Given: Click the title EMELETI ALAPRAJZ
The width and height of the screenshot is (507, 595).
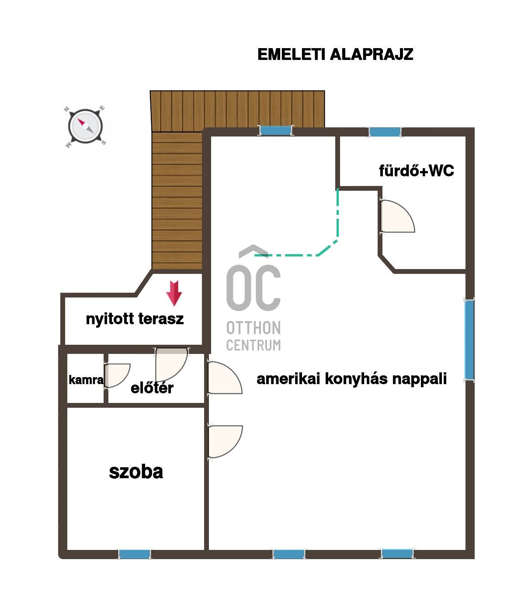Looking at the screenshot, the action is [335, 54].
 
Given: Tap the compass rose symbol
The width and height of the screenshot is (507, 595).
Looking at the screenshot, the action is [85, 126].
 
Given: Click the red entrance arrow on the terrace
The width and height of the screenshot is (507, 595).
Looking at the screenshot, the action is [174, 293].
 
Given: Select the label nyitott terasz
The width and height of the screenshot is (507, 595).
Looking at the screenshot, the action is [135, 319].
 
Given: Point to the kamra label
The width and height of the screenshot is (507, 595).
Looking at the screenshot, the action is [86, 380].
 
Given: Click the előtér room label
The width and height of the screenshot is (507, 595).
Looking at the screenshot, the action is [152, 388].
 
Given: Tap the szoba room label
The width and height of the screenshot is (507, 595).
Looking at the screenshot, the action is [136, 472].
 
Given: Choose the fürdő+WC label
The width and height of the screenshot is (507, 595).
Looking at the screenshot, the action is [417, 171].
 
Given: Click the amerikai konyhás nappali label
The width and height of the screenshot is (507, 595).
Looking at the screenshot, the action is [351, 378].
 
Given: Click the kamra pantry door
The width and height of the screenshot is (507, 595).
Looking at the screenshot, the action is [117, 375].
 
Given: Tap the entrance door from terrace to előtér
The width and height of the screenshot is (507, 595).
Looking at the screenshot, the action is [171, 365].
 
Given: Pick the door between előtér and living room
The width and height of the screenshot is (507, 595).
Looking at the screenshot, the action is [225, 378].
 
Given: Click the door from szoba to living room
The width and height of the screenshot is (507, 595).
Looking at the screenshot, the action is [226, 441].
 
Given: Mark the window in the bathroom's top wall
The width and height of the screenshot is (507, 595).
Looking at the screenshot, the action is [385, 132].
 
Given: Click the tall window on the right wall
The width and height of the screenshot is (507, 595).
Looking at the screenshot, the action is [469, 339].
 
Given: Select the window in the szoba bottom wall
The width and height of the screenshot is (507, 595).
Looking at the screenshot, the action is [135, 554].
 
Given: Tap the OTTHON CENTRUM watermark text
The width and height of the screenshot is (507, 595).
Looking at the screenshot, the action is [253, 336].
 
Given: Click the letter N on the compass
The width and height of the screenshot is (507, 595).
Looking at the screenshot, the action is [66, 109].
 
